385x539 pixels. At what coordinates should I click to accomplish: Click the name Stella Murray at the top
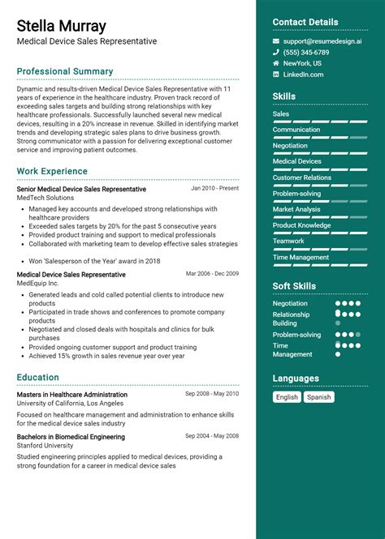pos(61,27)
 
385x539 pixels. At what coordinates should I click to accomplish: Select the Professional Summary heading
pos(65,71)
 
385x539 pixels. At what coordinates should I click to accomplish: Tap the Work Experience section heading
pos(52,171)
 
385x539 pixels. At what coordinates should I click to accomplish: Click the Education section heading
pos(38,377)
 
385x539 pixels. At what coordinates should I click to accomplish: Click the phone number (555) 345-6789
pos(305,52)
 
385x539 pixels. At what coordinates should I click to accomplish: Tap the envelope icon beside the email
pos(276,41)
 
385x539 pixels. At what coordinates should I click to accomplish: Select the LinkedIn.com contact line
pos(303,75)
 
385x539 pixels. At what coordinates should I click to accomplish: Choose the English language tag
pos(287,397)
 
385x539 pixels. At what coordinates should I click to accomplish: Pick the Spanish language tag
pos(319,397)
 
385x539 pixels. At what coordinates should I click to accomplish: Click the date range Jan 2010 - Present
pos(214,188)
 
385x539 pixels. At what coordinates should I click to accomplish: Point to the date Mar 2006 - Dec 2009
pos(212,274)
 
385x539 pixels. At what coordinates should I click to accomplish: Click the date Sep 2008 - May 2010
pos(212,394)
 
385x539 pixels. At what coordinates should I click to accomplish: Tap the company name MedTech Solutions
pos(45,198)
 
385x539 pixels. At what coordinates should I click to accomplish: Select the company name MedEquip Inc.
pos(38,284)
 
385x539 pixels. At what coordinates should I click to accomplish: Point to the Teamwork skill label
pos(288,241)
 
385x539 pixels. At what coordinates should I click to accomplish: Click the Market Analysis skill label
pos(296,209)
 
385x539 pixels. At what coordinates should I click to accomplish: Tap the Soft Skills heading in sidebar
pos(294,286)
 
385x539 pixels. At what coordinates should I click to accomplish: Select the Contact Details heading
pos(305,22)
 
